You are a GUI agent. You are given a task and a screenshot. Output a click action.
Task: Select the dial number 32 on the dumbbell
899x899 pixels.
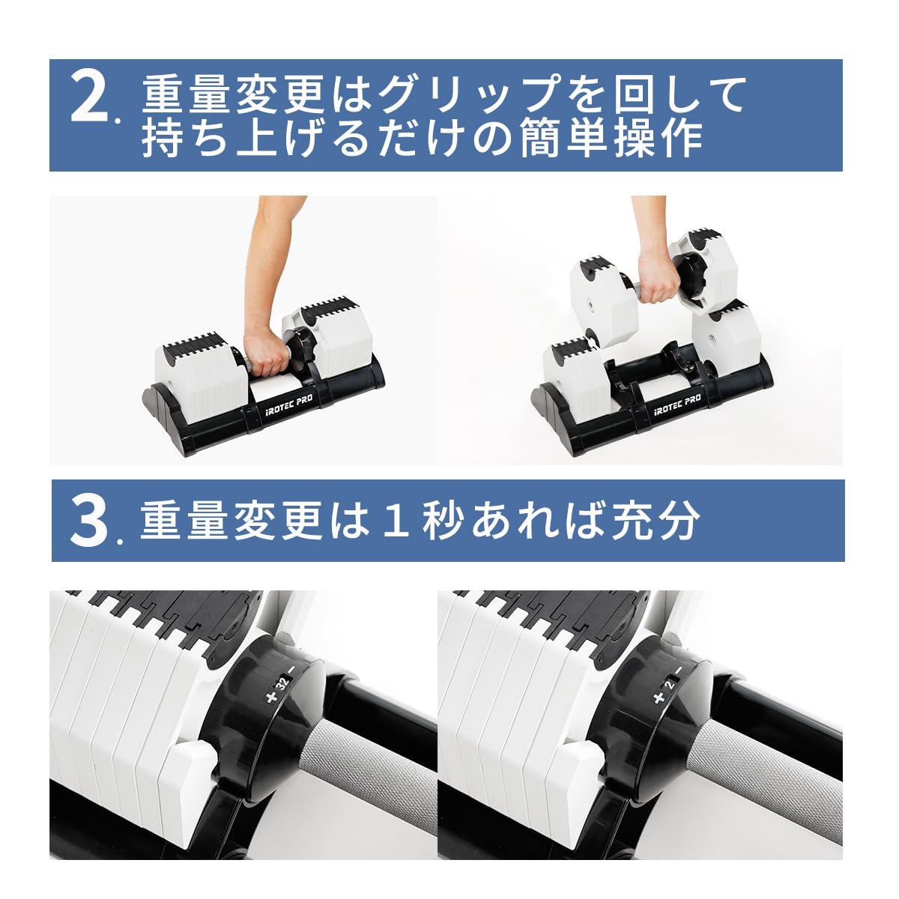(282, 683)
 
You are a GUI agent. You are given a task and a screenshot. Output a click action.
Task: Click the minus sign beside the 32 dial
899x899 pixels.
(292, 669)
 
